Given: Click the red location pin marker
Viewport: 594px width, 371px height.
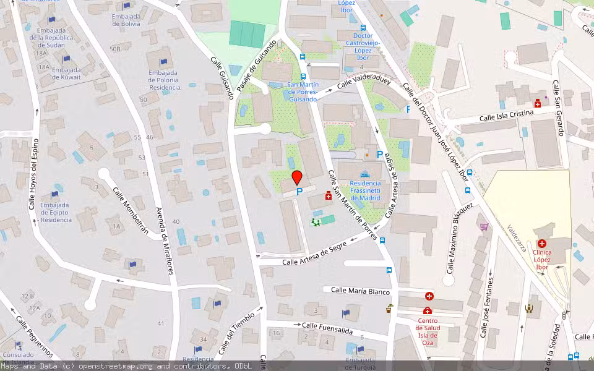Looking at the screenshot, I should pyautogui.click(x=297, y=177).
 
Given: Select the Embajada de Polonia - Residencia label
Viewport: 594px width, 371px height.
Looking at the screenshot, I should pyautogui.click(x=163, y=80).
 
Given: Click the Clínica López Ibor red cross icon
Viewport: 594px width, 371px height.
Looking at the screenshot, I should pyautogui.click(x=542, y=244).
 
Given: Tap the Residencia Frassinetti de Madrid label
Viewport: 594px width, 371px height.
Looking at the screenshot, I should pyautogui.click(x=373, y=190).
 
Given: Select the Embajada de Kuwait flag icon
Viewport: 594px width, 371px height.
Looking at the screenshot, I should pyautogui.click(x=66, y=59).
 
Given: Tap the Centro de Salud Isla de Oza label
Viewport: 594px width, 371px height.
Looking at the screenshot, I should pyautogui.click(x=428, y=328).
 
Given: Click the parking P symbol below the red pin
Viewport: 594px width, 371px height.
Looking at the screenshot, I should pyautogui.click(x=299, y=193).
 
